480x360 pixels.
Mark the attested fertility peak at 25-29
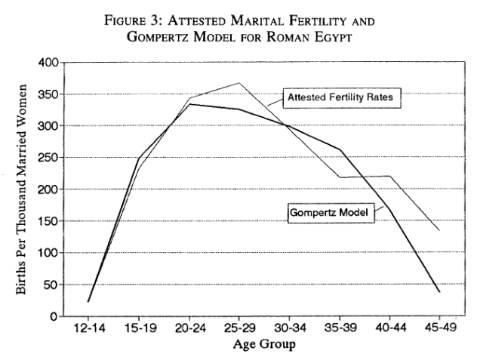238,83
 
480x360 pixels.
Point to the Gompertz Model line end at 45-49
438,291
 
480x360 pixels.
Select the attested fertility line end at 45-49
438,230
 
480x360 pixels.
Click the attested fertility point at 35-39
339,177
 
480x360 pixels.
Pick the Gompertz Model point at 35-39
339,149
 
